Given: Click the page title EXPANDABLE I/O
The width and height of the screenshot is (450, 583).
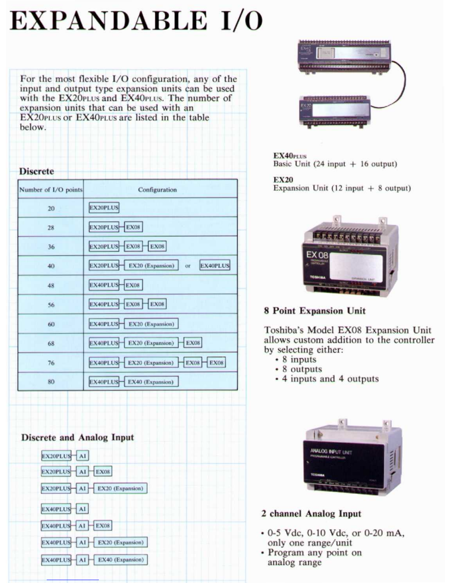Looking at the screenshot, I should (x=136, y=21).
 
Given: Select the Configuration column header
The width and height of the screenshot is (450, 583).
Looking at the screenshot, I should (x=157, y=190).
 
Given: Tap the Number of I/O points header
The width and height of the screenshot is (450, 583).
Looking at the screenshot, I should (x=51, y=190).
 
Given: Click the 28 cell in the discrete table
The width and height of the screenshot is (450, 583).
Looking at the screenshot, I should (x=51, y=227).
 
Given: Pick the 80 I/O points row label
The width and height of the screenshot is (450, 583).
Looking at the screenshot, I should (x=51, y=382).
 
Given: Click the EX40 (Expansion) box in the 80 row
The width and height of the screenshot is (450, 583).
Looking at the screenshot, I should (x=151, y=382).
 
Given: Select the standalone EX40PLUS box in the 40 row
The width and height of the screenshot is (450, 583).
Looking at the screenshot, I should (x=215, y=265).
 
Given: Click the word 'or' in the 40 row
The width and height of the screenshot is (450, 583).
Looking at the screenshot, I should (x=188, y=266).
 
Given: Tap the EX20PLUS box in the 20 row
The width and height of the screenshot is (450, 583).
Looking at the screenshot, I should (x=104, y=208).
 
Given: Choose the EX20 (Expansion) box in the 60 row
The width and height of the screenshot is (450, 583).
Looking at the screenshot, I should (x=151, y=324).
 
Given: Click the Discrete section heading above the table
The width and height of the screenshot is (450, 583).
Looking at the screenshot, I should (x=36, y=171).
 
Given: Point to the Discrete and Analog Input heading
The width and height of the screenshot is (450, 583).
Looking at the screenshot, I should (x=77, y=437).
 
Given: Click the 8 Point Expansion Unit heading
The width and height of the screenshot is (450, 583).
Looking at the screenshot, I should (x=314, y=311).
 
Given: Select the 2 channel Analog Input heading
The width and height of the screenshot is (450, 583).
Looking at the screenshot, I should (x=311, y=513).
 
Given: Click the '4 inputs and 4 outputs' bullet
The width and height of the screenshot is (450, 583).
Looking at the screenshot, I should (x=330, y=379).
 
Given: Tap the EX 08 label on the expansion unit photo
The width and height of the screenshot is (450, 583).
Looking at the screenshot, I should (x=317, y=255).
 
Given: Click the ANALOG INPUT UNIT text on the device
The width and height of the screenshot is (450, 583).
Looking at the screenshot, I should (x=331, y=451).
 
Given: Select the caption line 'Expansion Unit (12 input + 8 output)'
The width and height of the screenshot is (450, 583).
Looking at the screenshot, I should (x=342, y=188).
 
